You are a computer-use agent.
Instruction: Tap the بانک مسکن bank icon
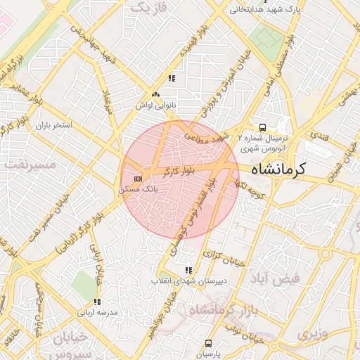tap(138, 178)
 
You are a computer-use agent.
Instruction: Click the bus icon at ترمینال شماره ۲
tap(262, 128)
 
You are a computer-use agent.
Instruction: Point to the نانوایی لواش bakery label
tap(155, 105)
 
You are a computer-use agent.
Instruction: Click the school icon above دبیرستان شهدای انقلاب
tap(187, 270)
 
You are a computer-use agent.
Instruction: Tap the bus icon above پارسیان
tap(208, 343)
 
